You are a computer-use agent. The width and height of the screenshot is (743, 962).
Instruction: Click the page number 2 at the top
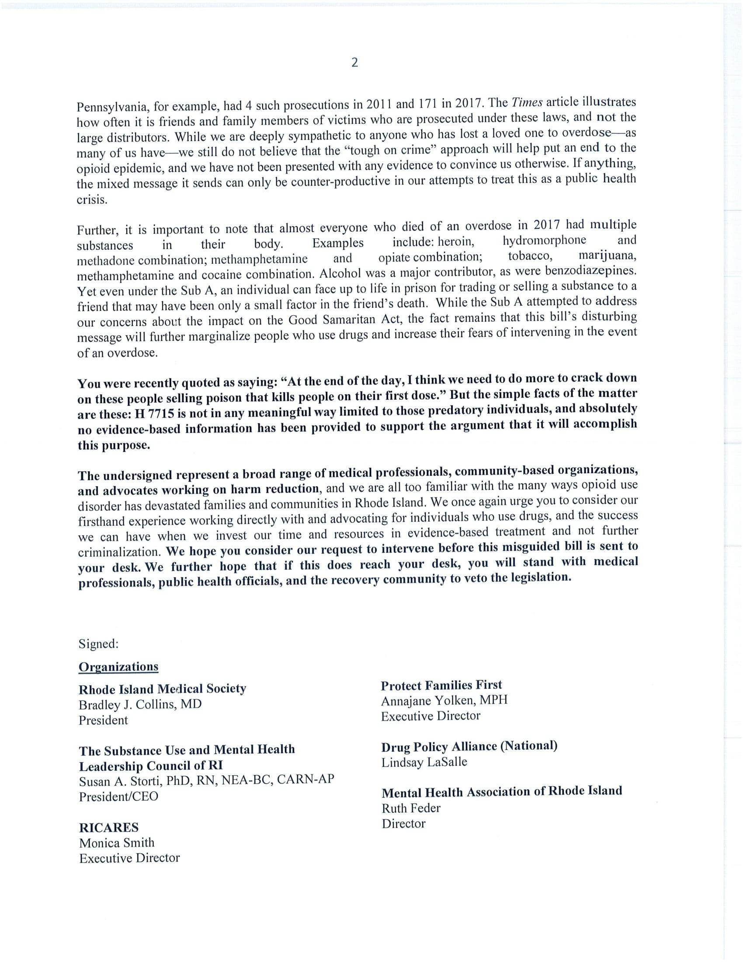pyautogui.click(x=355, y=63)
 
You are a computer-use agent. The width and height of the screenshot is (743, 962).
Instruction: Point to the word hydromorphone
pyautogui.click(x=544, y=240)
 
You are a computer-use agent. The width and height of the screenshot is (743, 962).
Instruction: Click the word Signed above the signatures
pyautogui.click(x=98, y=644)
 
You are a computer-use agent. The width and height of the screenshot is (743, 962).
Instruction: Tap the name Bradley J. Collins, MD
pyautogui.click(x=140, y=704)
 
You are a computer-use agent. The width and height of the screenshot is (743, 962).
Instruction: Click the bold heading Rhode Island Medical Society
pyautogui.click(x=162, y=688)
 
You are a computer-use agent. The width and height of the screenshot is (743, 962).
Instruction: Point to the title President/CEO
pyautogui.click(x=118, y=796)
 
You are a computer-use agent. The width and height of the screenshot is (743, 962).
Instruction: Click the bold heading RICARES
pyautogui.click(x=108, y=827)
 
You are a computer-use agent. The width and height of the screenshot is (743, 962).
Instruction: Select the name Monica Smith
pyautogui.click(x=117, y=843)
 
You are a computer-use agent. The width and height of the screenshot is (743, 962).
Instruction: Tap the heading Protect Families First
pyautogui.click(x=441, y=685)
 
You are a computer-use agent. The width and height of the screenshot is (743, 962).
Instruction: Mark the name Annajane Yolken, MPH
pyautogui.click(x=444, y=701)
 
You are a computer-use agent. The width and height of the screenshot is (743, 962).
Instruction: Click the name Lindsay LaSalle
pyautogui.click(x=424, y=762)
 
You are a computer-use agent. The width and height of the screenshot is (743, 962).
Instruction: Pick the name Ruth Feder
pyautogui.click(x=411, y=808)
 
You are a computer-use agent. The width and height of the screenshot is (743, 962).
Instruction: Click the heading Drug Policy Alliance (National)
pyautogui.click(x=469, y=746)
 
